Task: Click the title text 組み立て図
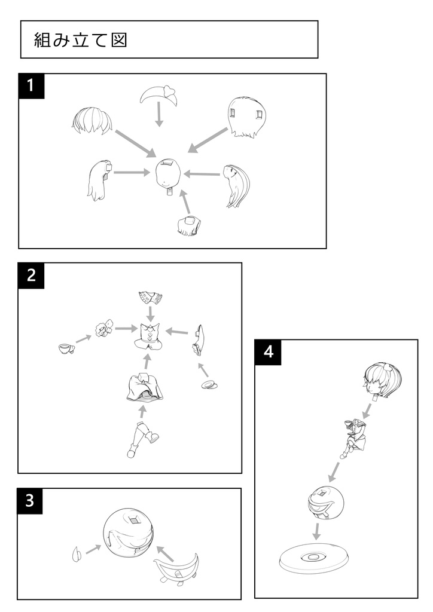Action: coord(81,41)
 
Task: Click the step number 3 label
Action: coord(29,501)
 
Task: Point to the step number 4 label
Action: coord(269,352)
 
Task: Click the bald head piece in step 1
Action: coord(168,175)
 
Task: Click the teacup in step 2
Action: coord(65,348)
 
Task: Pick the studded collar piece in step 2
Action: coord(151,297)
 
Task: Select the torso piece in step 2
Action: coord(150,336)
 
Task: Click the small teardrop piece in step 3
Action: coord(77,554)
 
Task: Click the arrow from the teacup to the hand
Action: coord(84,338)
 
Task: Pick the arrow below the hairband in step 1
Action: coord(159,114)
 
